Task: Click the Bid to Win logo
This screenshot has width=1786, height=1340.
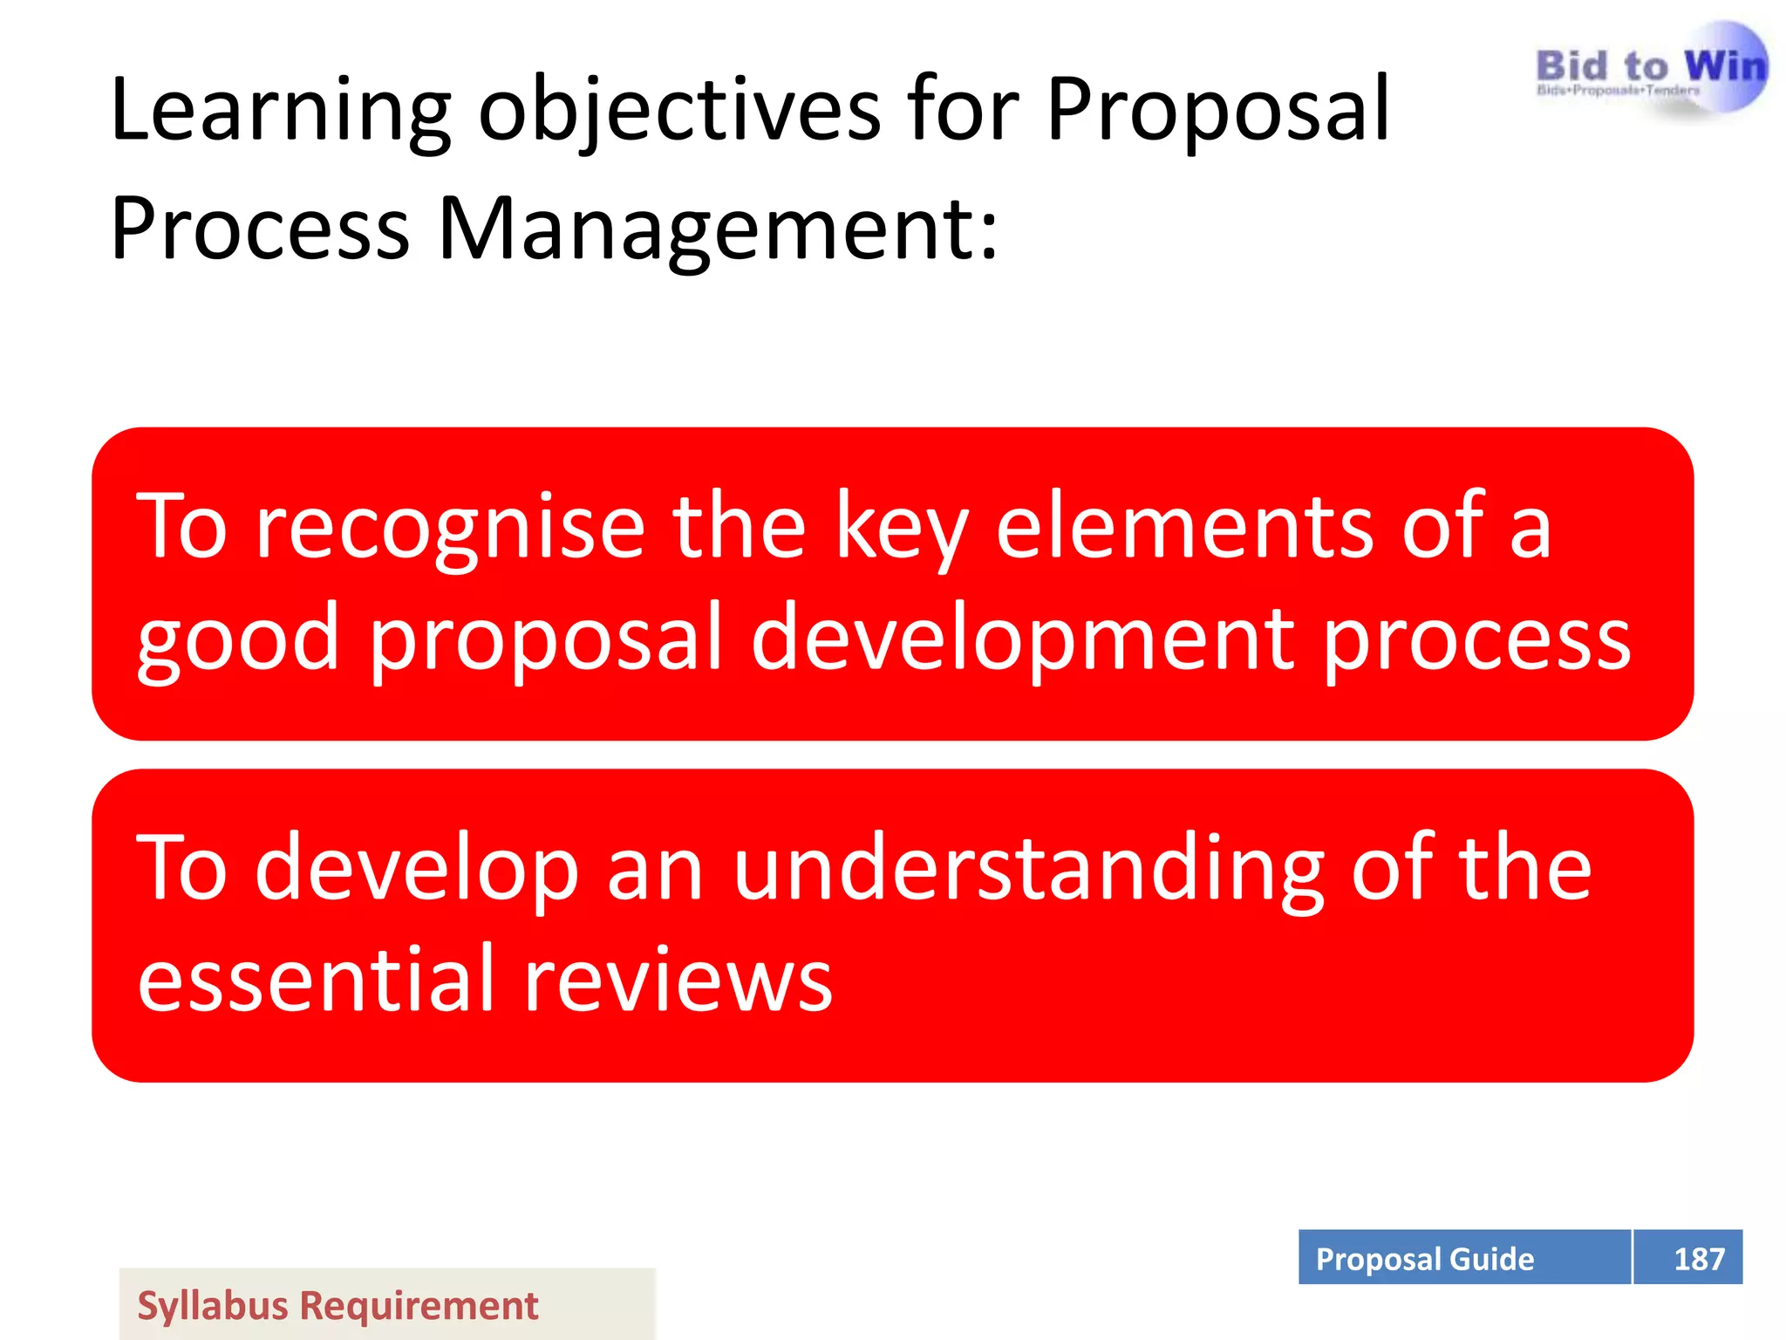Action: click(1651, 70)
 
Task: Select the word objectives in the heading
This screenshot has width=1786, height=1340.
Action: click(679, 111)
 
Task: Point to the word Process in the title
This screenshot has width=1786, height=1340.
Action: click(260, 229)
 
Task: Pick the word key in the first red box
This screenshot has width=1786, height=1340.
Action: click(902, 528)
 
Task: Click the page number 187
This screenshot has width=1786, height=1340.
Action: click(1698, 1259)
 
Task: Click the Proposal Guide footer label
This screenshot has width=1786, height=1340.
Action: click(1424, 1259)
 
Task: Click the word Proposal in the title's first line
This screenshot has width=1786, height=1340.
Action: click(1217, 111)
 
